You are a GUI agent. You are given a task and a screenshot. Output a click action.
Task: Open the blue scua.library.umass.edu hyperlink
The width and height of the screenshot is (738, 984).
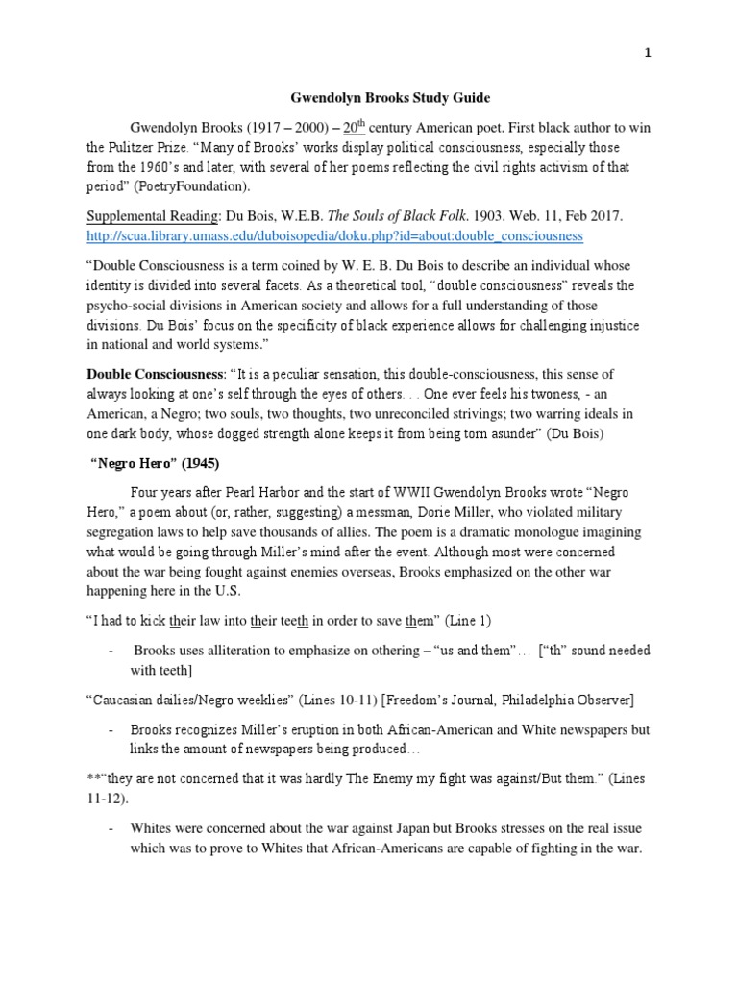pyautogui.click(x=334, y=235)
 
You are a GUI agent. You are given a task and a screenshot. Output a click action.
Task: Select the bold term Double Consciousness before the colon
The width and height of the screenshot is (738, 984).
pyautogui.click(x=158, y=374)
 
